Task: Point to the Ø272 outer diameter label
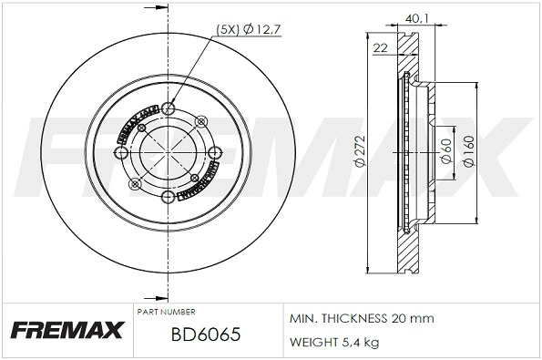(x=360, y=155)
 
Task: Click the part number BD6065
(x=205, y=334)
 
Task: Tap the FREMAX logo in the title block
(x=66, y=330)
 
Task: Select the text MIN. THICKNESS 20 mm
(x=362, y=319)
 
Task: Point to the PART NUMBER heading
(x=165, y=312)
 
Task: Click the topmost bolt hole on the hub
(x=169, y=110)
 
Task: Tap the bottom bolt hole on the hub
(x=169, y=197)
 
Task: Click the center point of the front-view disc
(x=169, y=153)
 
